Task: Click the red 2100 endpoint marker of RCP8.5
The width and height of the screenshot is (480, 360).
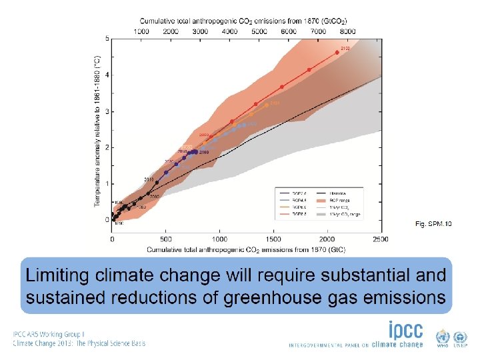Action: (337, 52)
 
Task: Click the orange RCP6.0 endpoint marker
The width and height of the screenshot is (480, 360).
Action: (267, 105)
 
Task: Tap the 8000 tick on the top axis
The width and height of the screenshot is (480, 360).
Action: (347, 31)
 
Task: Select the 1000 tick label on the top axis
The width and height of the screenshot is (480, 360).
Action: (141, 31)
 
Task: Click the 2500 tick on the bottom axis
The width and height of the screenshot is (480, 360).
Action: (381, 239)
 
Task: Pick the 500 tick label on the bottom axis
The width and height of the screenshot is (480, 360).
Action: (165, 239)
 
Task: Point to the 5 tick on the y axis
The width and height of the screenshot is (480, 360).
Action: (107, 39)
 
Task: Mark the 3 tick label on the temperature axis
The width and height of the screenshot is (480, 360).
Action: (107, 111)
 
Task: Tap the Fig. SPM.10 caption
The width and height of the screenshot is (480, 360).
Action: (433, 223)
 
